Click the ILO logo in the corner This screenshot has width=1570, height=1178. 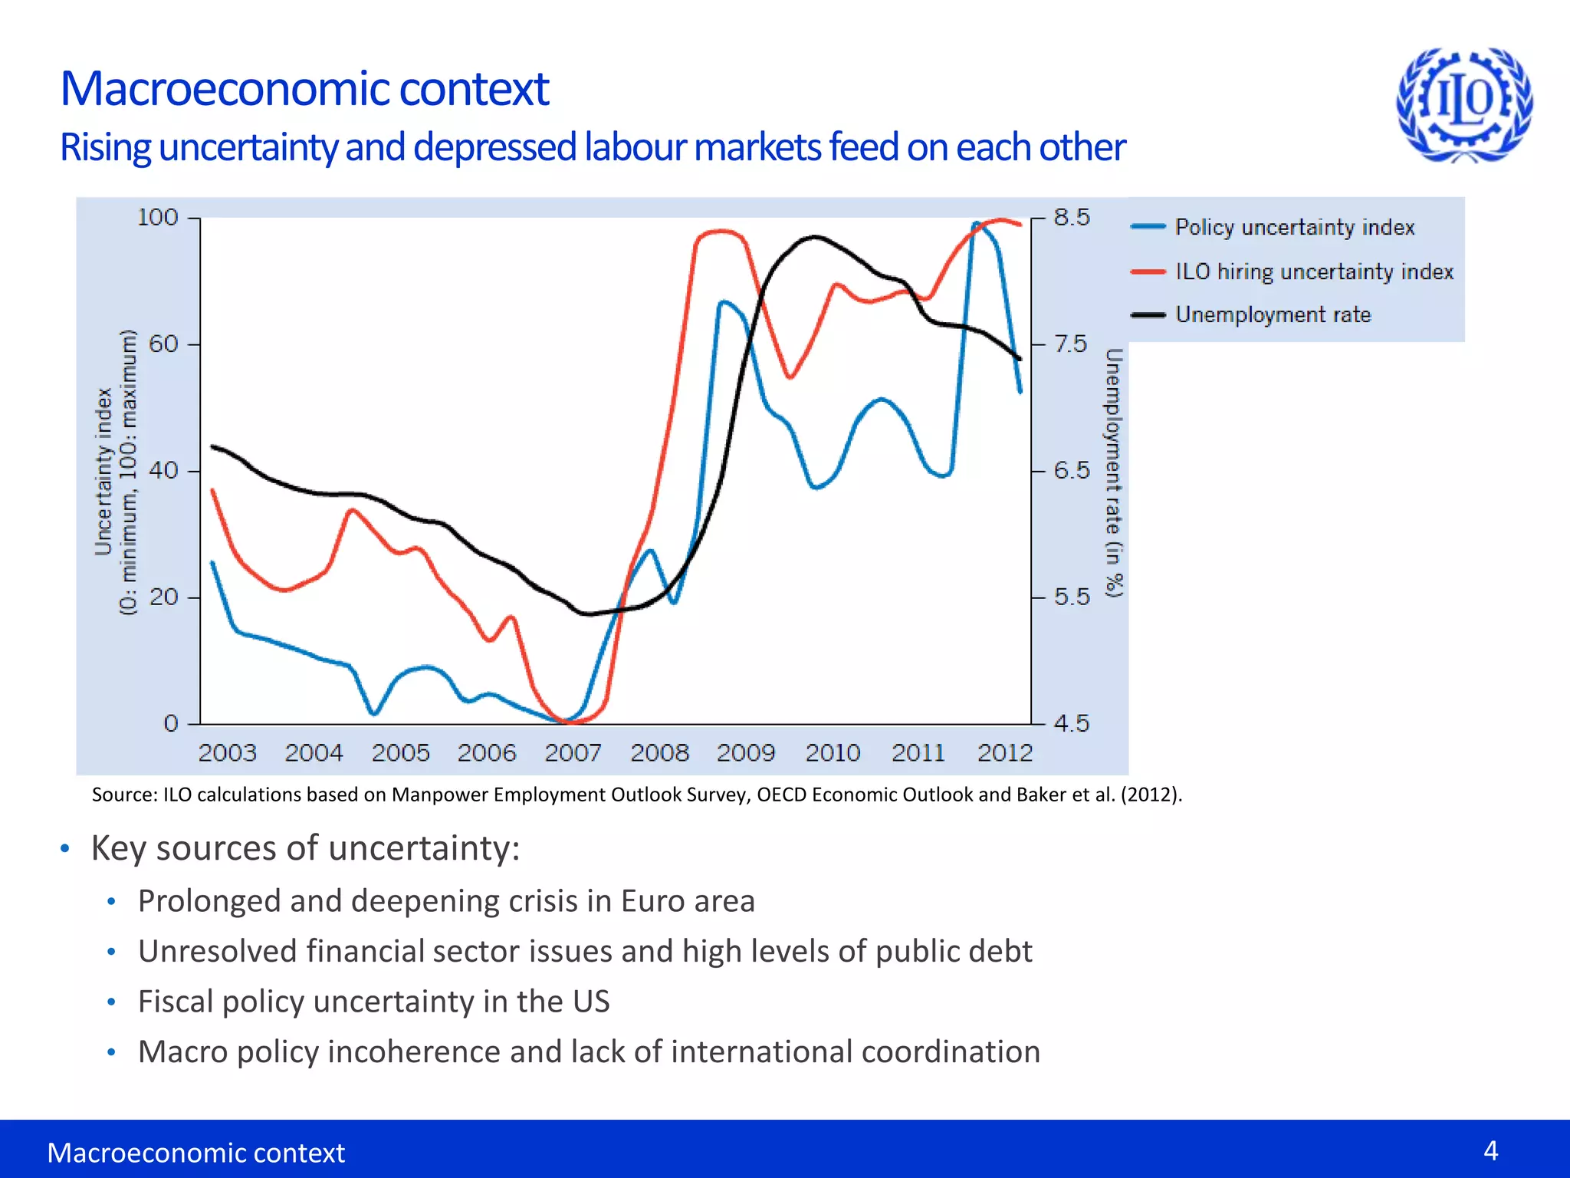tap(1464, 104)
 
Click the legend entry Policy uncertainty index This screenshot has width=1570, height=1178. tap(1294, 227)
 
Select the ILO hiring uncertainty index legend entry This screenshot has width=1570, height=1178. tap(1314, 271)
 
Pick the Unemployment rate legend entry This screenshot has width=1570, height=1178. tap(1273, 314)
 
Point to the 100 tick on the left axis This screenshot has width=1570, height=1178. tap(157, 218)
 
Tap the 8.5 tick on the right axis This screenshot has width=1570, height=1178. tap(1071, 218)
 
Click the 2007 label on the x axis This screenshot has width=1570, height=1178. tap(573, 753)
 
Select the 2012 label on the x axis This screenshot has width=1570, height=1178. tap(1004, 753)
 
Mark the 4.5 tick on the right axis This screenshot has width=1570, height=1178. tap(1071, 723)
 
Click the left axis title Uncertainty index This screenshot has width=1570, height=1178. tap(103, 472)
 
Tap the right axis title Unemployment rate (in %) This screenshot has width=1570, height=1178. tap(1114, 472)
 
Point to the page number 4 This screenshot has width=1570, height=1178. tap(1490, 1150)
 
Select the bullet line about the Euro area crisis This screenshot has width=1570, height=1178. tap(446, 901)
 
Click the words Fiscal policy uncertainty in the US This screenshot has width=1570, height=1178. tap(373, 1002)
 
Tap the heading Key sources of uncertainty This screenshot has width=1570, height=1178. tap(305, 848)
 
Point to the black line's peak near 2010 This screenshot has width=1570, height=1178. tap(815, 237)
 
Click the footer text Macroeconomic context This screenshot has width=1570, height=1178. tap(195, 1153)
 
